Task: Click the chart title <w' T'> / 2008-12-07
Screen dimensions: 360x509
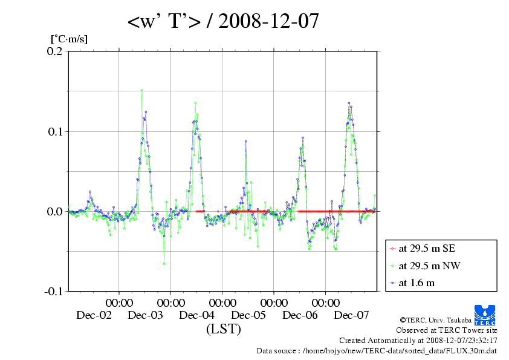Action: (223, 22)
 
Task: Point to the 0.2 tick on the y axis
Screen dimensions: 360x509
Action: (54, 52)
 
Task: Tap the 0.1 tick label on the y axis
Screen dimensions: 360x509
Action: (54, 131)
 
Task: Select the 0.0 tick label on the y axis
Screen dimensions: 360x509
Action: (54, 211)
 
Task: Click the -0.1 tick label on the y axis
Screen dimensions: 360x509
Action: (53, 291)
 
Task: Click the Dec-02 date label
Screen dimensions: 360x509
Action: (94, 315)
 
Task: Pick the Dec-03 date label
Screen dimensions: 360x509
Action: (145, 315)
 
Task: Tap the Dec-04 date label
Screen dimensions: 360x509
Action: (197, 315)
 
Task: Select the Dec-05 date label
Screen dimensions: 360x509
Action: (248, 315)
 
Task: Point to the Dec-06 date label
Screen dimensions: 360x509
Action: (300, 315)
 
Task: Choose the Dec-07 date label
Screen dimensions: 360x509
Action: (352, 315)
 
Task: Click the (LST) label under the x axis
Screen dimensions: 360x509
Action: (223, 330)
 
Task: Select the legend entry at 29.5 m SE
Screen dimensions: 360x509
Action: (423, 248)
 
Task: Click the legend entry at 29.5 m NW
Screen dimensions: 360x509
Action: (424, 265)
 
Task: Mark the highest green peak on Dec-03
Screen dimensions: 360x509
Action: (141, 90)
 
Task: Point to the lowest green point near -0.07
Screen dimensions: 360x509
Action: (164, 264)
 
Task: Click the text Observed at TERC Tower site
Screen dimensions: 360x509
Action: (447, 330)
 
